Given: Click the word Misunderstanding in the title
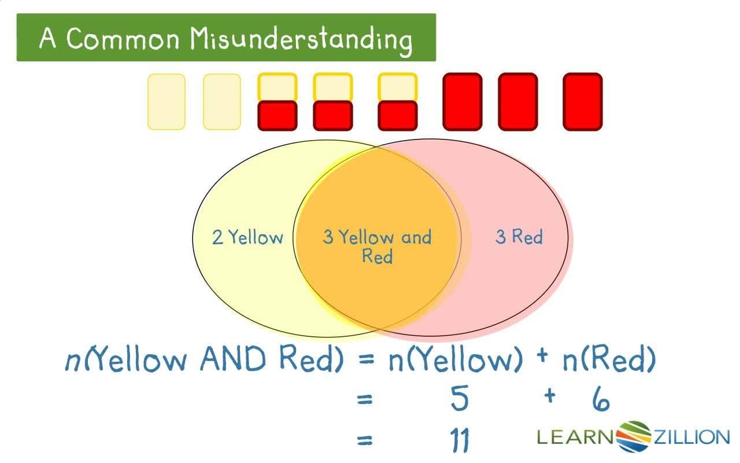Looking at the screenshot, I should (301, 39).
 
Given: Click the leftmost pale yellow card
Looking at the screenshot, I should (166, 101).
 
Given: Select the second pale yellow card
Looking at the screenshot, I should (222, 101).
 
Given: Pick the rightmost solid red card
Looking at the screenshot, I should (583, 101).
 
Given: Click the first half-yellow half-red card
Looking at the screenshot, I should (277, 101).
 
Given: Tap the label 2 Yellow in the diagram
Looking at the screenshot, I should (247, 237).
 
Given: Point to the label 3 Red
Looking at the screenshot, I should (519, 237).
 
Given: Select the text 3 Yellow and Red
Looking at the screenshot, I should (377, 245).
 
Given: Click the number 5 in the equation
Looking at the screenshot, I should (459, 399).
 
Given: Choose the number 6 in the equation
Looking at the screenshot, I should (601, 399).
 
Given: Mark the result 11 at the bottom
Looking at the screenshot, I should (460, 440).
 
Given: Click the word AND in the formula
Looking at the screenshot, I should (235, 360).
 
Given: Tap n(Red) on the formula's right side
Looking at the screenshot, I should (609, 361).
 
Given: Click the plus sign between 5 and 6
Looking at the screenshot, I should (549, 396).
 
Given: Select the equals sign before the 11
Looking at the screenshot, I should (364, 441).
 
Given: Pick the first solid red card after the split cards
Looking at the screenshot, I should (462, 101).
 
